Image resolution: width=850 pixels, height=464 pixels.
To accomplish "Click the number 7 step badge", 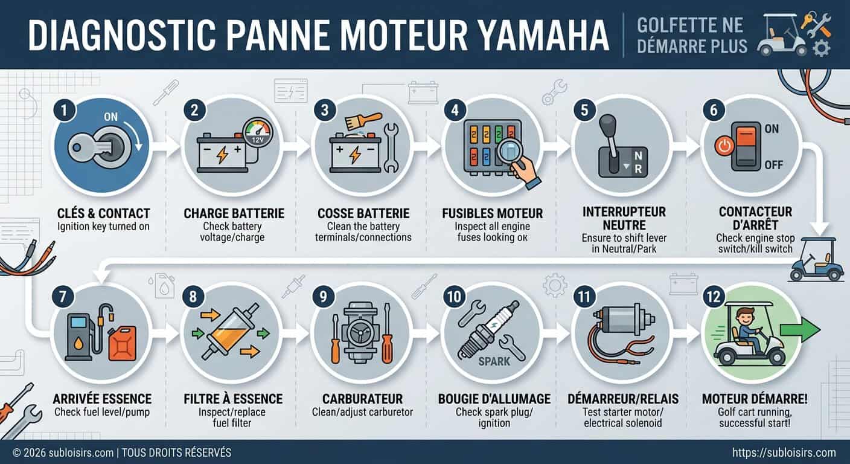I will (63, 296).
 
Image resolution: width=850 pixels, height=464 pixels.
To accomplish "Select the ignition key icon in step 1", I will (91, 147).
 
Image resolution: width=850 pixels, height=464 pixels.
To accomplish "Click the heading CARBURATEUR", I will (361, 399).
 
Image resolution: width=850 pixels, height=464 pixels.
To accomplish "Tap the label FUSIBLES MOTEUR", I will (493, 213).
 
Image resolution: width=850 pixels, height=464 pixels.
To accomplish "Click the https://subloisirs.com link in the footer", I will (784, 453).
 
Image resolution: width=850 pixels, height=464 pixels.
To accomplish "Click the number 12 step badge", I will (712, 296).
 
